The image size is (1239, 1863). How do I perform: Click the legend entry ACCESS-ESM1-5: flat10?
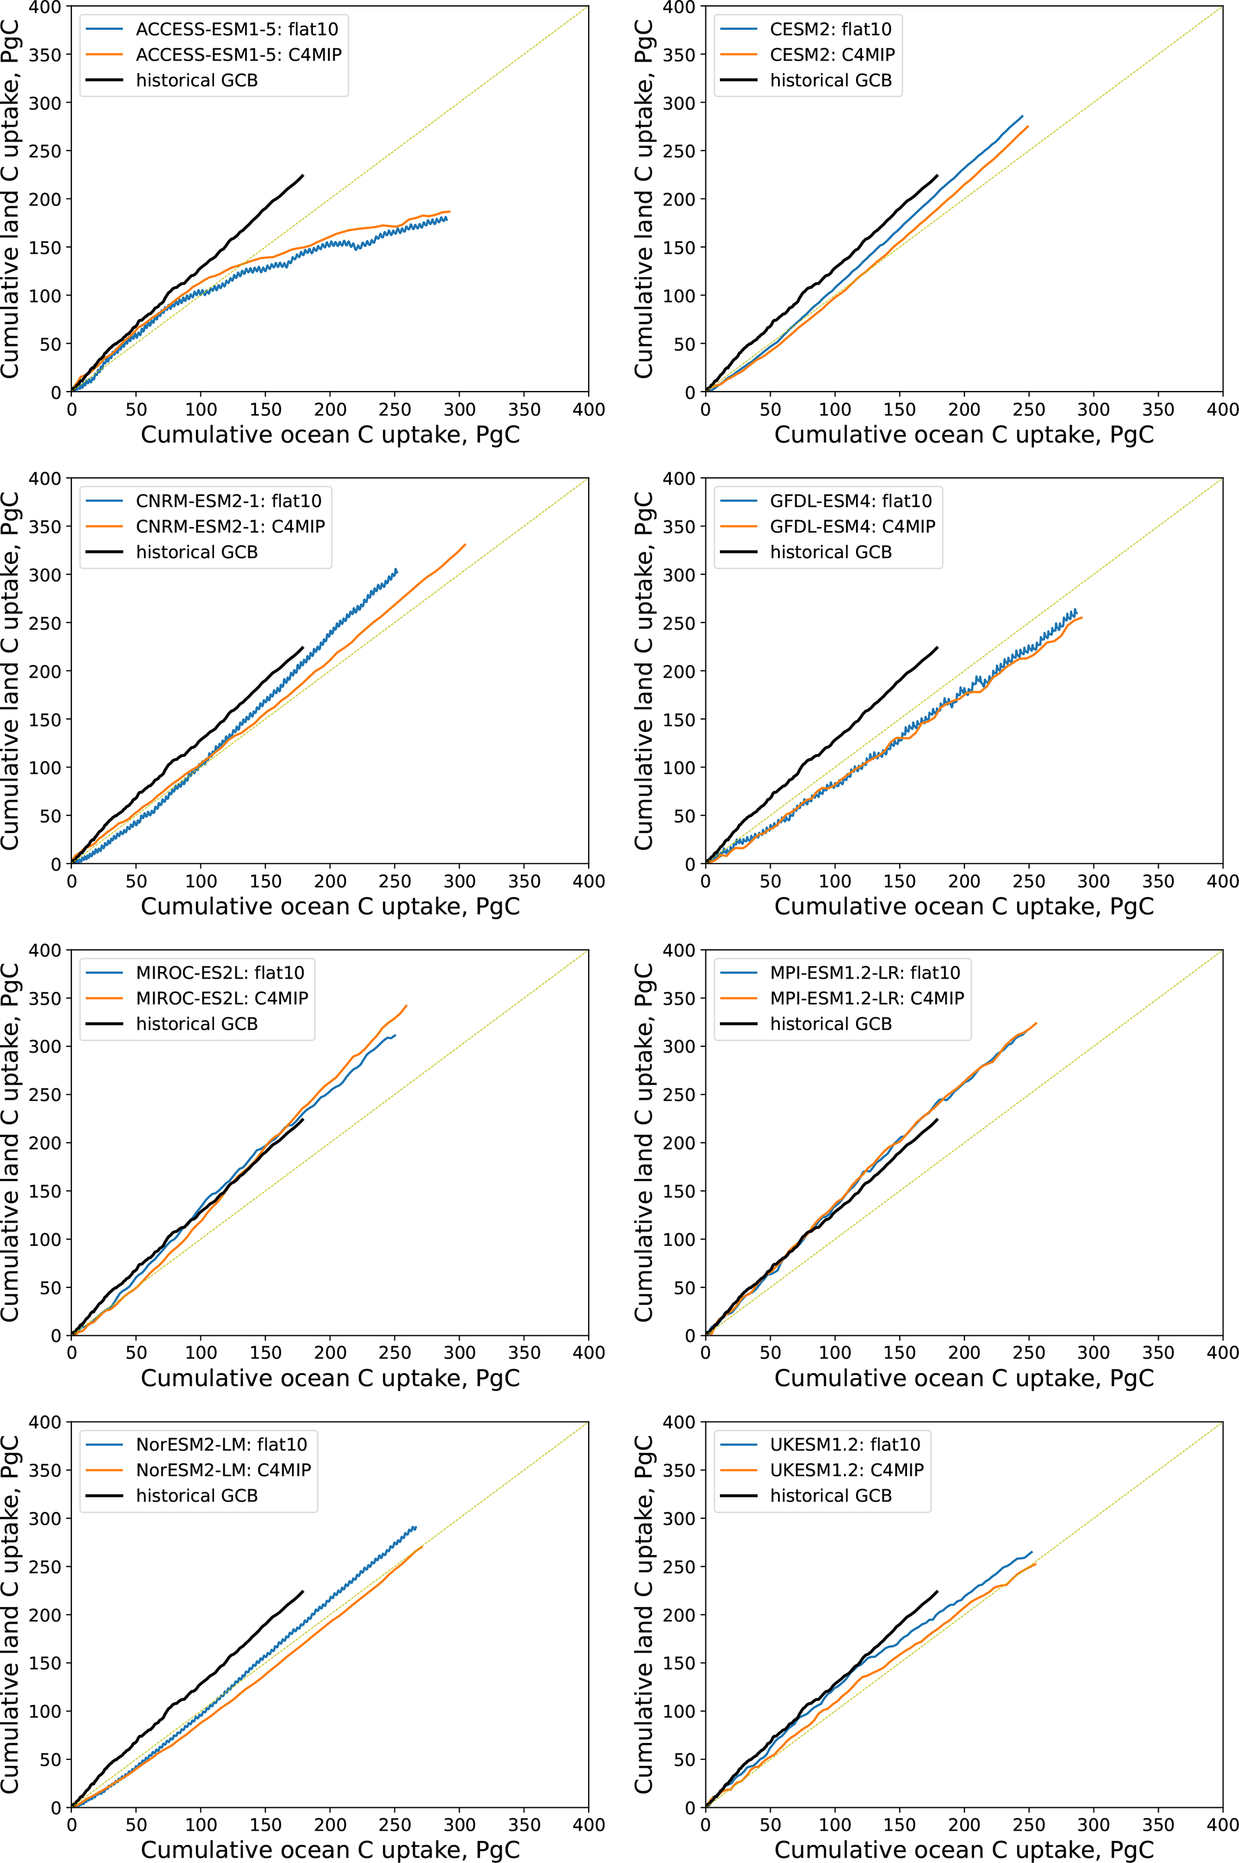pyautogui.click(x=236, y=29)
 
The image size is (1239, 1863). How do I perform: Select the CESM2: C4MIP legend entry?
pyautogui.click(x=832, y=55)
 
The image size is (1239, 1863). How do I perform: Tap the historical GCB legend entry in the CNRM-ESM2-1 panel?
pyautogui.click(x=197, y=552)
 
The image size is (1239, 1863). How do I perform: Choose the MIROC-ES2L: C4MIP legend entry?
pyautogui.click(x=221, y=998)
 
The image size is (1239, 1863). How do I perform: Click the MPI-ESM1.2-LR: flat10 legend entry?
pyautogui.click(x=864, y=972)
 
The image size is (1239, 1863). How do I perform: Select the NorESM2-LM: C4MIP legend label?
pyautogui.click(x=223, y=1470)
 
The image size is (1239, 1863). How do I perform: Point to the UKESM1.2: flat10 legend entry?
pyautogui.click(x=845, y=1444)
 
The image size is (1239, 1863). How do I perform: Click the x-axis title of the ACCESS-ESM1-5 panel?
pyautogui.click(x=330, y=434)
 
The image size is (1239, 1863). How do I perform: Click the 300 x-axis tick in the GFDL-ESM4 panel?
pyautogui.click(x=1093, y=881)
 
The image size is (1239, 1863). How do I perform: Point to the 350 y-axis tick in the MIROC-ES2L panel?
pyautogui.click(x=44, y=998)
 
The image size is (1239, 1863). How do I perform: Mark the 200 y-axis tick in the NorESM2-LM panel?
pyautogui.click(x=44, y=1615)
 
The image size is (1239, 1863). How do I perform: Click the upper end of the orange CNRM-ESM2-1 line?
pyautogui.click(x=465, y=544)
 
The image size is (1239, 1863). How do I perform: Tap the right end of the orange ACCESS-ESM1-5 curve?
pyautogui.click(x=450, y=211)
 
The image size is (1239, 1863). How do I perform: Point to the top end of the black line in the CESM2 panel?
pyautogui.click(x=937, y=176)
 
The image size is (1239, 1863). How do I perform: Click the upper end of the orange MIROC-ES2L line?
pyautogui.click(x=407, y=1006)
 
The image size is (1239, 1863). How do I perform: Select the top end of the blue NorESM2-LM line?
pyautogui.click(x=415, y=1527)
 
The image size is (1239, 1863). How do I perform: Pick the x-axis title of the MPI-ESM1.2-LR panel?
pyautogui.click(x=964, y=1378)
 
